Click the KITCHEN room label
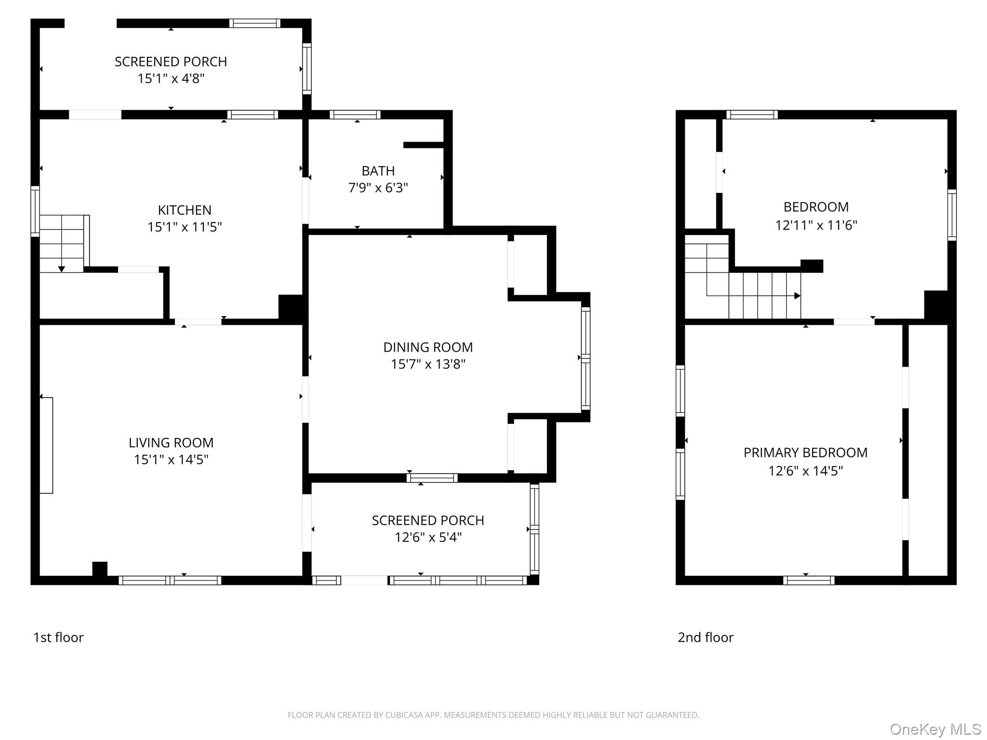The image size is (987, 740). [185, 210]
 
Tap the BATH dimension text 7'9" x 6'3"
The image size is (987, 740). [378, 187]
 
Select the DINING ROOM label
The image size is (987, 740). [428, 347]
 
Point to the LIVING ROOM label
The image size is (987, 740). [171, 443]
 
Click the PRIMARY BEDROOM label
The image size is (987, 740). [805, 453]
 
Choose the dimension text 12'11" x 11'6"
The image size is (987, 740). [816, 225]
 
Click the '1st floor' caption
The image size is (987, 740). [58, 637]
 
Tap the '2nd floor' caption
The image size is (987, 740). [706, 637]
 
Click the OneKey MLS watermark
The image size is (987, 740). [935, 729]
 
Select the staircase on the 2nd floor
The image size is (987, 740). [742, 282]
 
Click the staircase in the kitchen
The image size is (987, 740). [62, 244]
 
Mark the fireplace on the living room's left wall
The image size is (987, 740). [46, 445]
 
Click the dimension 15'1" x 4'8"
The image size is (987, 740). [171, 79]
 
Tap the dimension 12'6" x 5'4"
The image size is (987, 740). [428, 537]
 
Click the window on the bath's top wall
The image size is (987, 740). [355, 115]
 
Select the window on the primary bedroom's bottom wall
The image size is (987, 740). [809, 581]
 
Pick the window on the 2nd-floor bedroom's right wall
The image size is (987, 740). [952, 215]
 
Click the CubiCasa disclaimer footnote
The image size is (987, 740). [493, 715]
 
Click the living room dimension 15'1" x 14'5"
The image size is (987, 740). [171, 460]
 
